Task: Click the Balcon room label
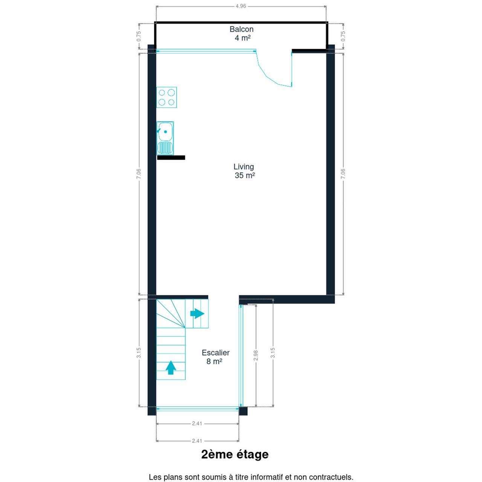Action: tap(241, 29)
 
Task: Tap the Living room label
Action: tap(244, 166)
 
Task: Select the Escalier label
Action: tap(216, 353)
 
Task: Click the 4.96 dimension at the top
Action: tap(241, 6)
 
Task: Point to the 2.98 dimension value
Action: tap(256, 355)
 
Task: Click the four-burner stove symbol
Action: tap(166, 97)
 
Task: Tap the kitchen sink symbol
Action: tap(165, 138)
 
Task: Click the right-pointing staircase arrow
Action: tap(197, 313)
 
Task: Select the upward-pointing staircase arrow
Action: tap(171, 368)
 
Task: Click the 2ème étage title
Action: tap(235, 455)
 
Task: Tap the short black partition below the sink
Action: tap(171, 157)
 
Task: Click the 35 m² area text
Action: tap(245, 175)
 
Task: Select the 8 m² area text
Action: tap(214, 361)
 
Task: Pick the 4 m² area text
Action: tap(243, 38)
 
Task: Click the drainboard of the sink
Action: tap(165, 148)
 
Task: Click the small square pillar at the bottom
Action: tap(243, 411)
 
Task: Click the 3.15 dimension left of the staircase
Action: tap(139, 353)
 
